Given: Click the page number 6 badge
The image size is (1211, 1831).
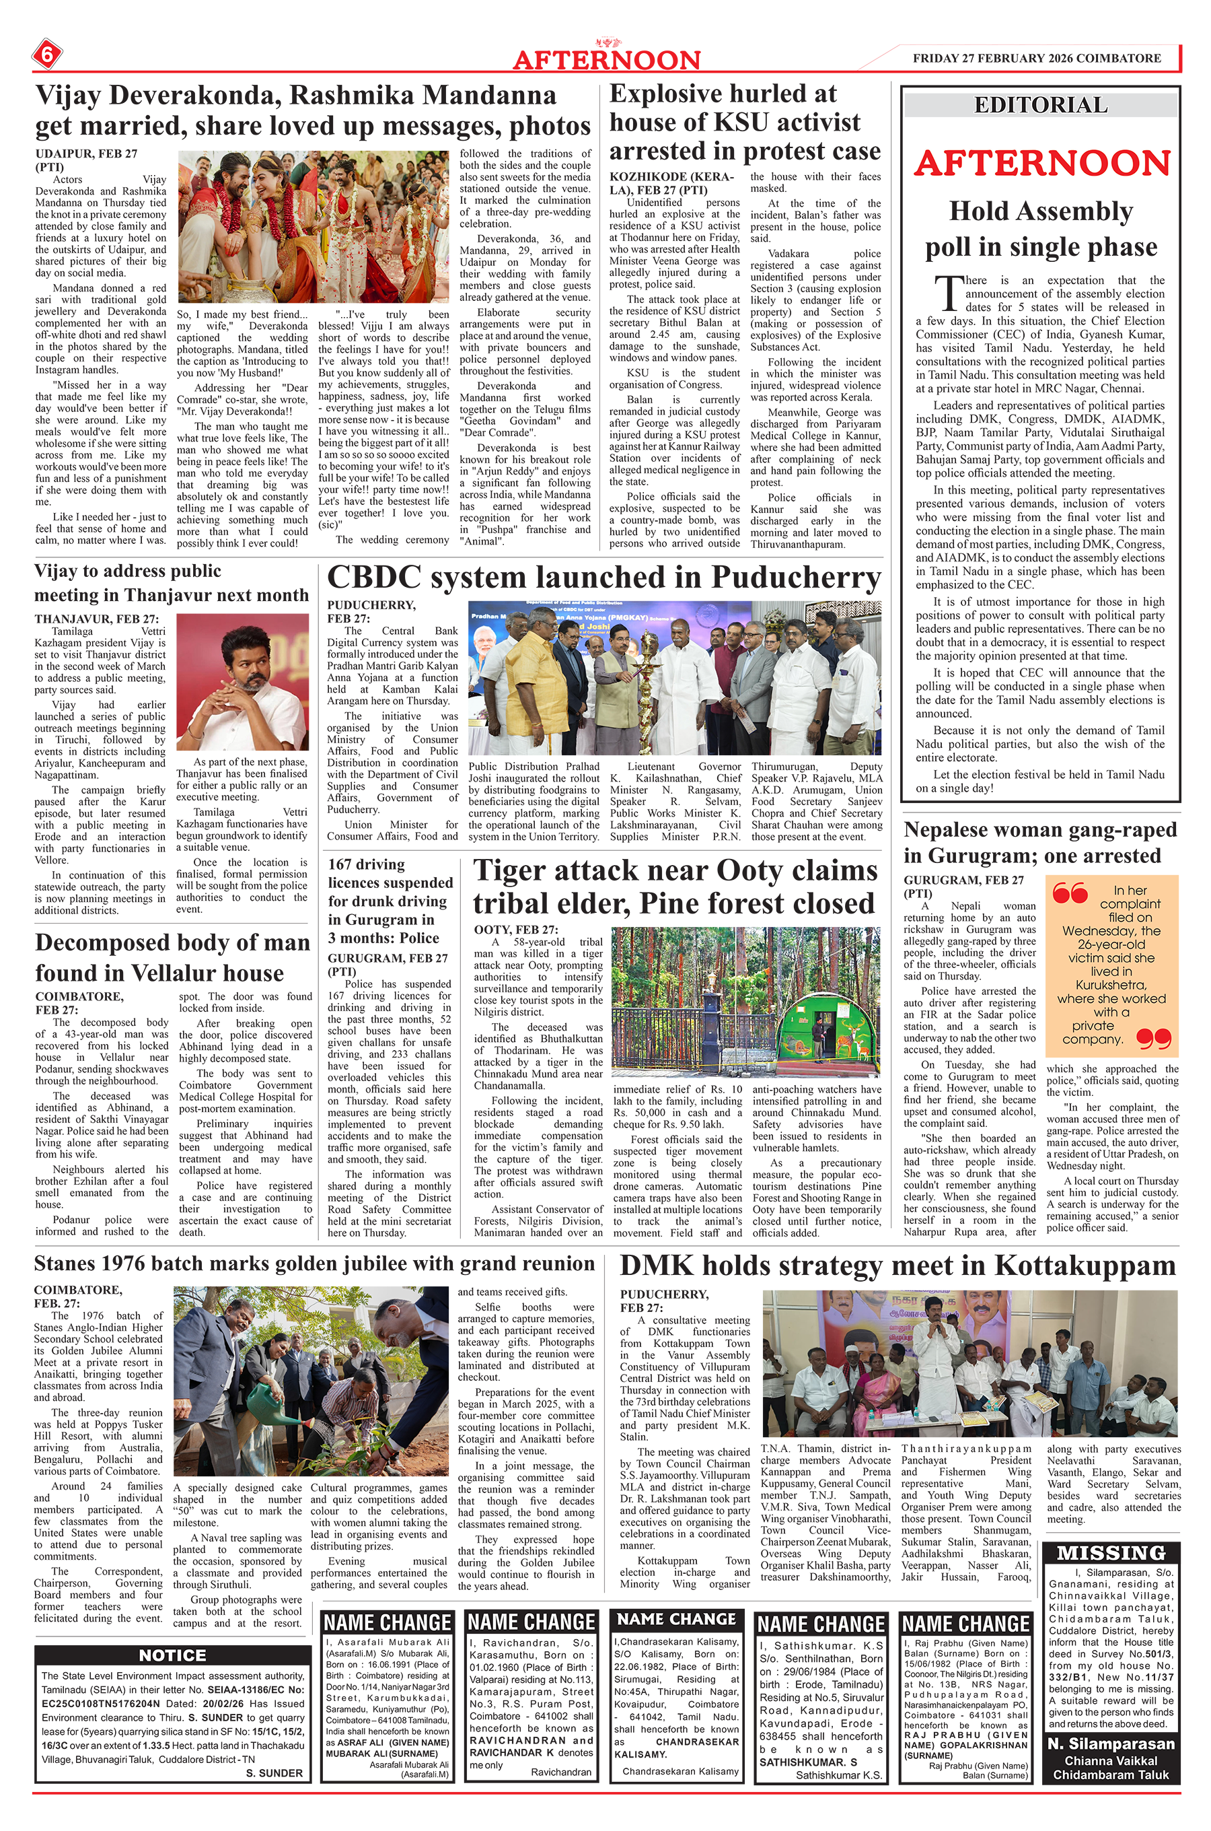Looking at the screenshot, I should tap(46, 55).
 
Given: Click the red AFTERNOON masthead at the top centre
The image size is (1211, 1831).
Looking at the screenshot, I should tap(606, 59).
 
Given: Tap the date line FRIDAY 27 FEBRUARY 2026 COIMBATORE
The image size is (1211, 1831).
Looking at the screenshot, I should tap(1037, 58).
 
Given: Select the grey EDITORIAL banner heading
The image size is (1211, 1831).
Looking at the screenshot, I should tap(1040, 105).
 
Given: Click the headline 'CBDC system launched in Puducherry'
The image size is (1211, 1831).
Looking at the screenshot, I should tap(604, 578).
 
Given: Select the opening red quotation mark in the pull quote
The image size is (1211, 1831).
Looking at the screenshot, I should tap(1070, 894).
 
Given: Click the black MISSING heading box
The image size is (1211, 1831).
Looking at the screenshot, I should tap(1111, 1553).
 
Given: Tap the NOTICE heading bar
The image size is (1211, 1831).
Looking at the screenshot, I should tap(172, 1655).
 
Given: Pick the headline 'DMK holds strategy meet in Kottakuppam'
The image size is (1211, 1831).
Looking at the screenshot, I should tap(897, 1266).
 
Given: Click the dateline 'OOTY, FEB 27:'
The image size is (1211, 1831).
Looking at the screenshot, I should tap(515, 930).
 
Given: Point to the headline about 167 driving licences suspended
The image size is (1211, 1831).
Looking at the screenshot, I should tap(390, 901).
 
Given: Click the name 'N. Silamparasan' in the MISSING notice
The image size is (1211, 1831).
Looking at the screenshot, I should tap(1111, 1743).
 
